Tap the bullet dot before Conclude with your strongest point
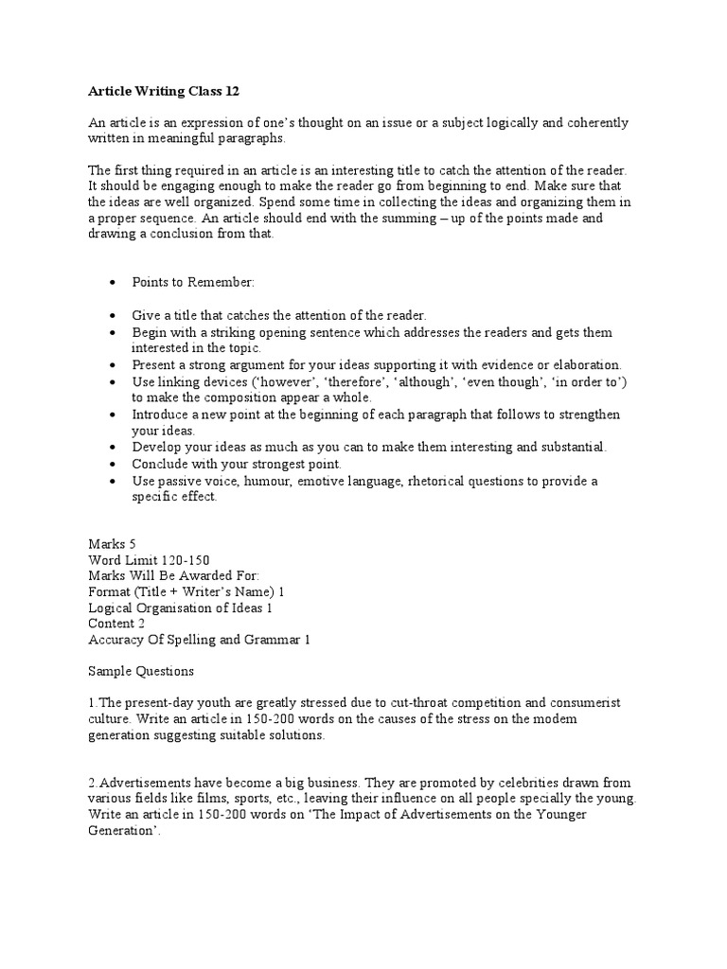click(113, 465)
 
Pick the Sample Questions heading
click(141, 671)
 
